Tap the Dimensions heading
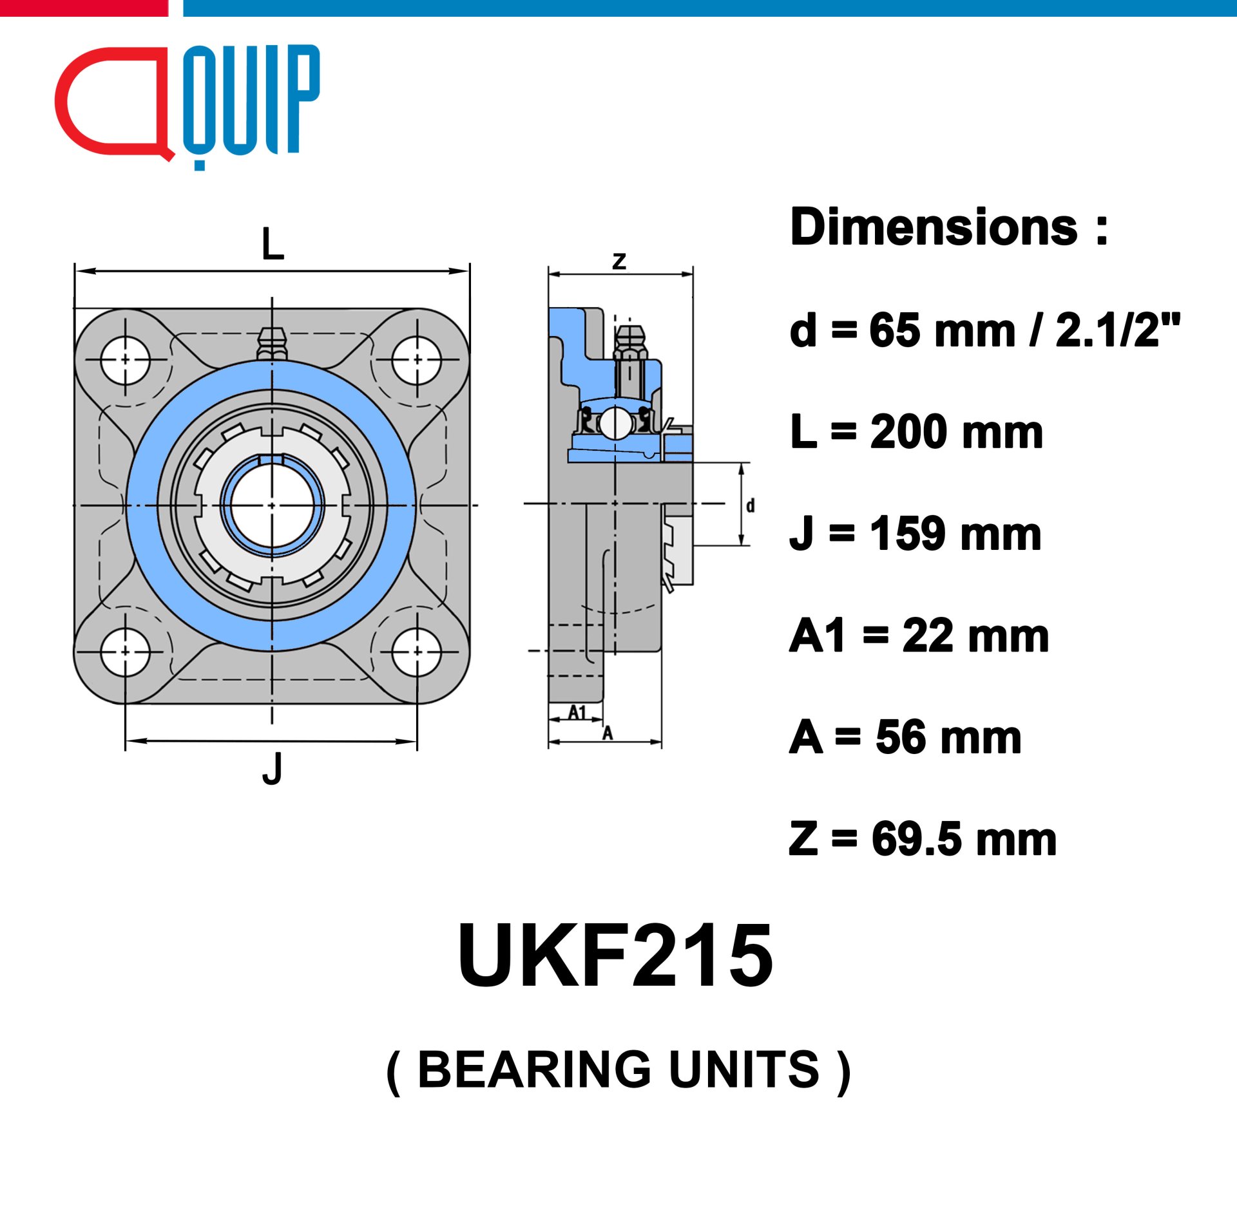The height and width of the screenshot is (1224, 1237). [949, 227]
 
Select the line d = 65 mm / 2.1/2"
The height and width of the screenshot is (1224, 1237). [985, 330]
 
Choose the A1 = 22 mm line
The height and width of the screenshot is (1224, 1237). [919, 636]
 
